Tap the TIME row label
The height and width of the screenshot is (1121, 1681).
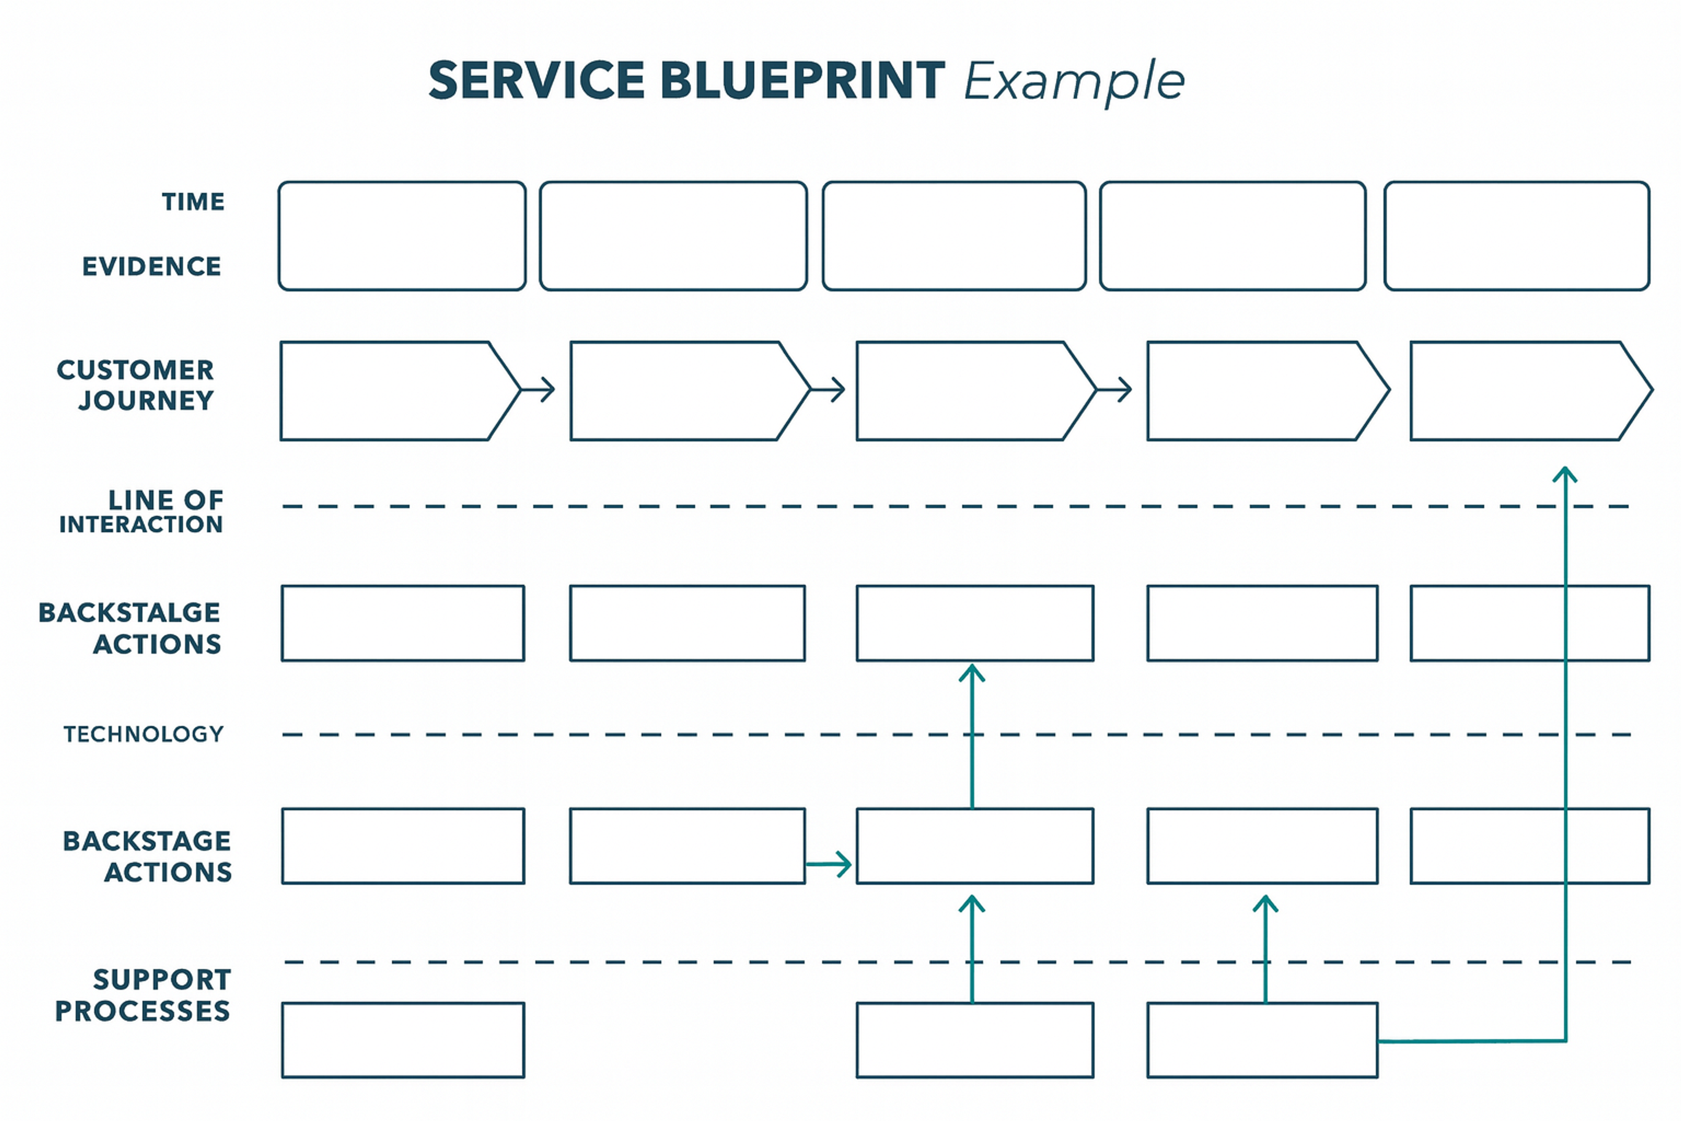[193, 201]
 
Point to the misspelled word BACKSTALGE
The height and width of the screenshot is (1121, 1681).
[130, 613]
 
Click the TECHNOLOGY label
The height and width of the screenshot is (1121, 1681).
[144, 734]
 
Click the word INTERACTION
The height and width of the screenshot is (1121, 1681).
[141, 525]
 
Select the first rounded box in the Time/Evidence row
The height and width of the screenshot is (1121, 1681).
[402, 236]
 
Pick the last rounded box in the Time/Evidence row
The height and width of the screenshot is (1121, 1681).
[1516, 236]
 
